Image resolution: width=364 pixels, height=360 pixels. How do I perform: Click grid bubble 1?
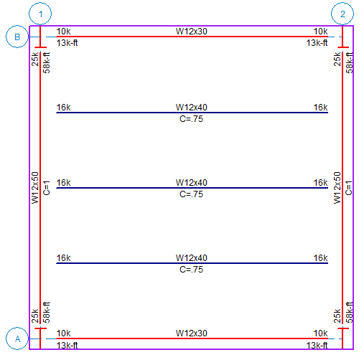tap(42, 14)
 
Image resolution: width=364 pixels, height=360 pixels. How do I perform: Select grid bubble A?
tap(17, 337)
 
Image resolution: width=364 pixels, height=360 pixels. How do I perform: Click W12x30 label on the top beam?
tap(192, 31)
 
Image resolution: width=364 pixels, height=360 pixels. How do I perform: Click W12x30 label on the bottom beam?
tap(192, 333)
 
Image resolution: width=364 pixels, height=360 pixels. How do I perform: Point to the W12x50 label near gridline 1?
tap(35, 189)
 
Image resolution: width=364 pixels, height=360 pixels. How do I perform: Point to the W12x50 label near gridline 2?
tap(337, 189)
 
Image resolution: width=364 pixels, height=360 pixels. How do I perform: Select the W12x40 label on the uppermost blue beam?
tap(191, 107)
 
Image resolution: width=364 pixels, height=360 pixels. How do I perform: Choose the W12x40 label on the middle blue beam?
tap(191, 183)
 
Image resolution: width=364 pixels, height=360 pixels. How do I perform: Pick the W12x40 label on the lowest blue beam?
tap(191, 258)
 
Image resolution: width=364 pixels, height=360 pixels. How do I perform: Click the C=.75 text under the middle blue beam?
tap(191, 194)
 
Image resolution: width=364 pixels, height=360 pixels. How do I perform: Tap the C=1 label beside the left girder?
tap(47, 187)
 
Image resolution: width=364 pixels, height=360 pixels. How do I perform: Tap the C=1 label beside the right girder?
tap(350, 187)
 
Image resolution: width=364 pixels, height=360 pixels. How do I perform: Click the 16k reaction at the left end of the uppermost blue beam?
tap(64, 107)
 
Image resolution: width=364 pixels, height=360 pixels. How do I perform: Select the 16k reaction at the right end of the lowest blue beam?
tap(320, 258)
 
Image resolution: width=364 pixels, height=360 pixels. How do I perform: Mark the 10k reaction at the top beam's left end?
tap(64, 31)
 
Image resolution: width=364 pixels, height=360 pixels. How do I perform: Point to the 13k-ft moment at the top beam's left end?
tap(67, 43)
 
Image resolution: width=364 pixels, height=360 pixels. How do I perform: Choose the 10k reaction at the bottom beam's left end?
tap(64, 333)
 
